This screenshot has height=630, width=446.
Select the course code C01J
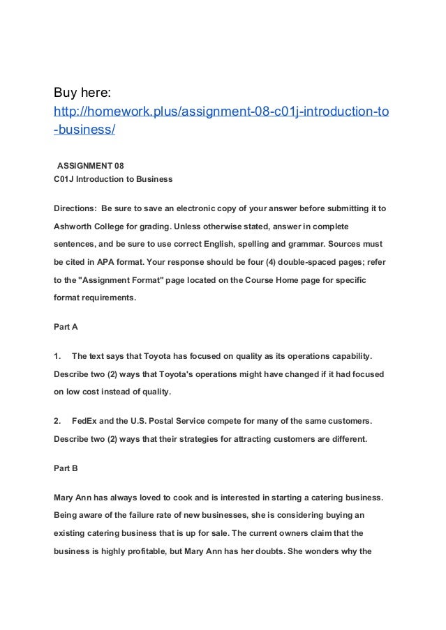66,180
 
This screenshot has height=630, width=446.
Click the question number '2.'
58,420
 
